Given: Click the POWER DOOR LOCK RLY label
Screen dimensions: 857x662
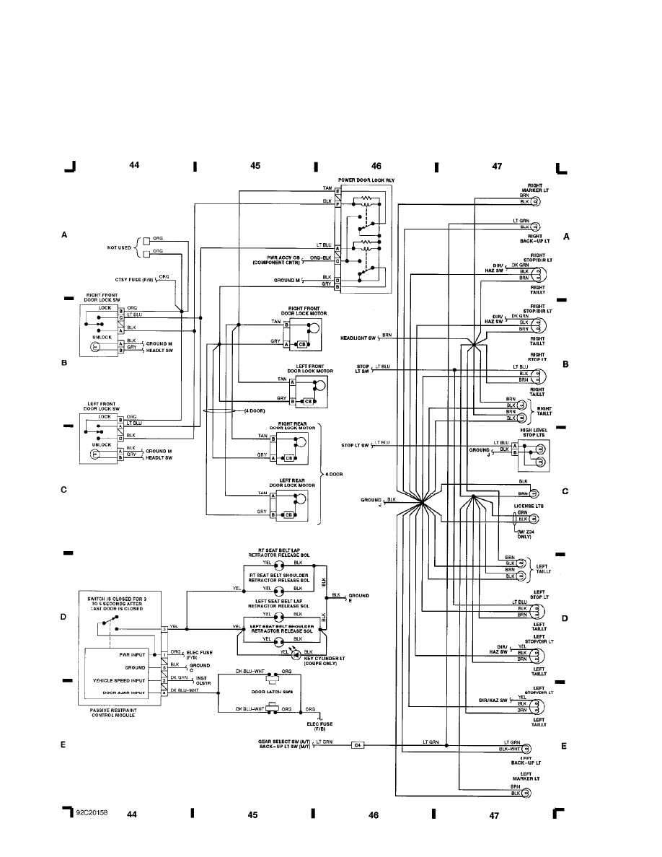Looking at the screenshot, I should coord(366,179).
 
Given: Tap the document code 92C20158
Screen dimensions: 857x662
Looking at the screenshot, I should coord(92,813).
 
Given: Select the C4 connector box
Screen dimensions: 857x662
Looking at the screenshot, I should coord(358,744).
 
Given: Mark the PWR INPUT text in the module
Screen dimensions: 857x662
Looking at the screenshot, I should coord(133,654).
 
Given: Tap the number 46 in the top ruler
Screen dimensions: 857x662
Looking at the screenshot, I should coord(376,165).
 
